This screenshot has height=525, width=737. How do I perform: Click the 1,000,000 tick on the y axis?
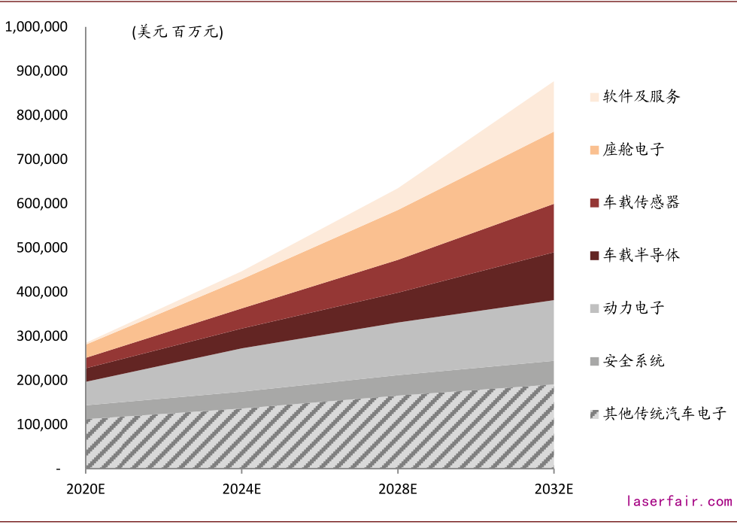click(37, 27)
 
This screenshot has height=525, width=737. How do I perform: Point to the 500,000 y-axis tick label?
click(42, 248)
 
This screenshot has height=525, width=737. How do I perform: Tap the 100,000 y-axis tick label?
click(42, 425)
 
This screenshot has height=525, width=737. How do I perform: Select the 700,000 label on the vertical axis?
click(42, 159)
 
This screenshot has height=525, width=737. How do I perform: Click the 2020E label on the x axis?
click(86, 489)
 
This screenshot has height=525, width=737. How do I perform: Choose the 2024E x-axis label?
click(242, 489)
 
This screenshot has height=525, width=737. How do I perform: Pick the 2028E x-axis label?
click(398, 489)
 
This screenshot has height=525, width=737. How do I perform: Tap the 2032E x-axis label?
click(554, 489)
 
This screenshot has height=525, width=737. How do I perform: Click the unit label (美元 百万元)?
click(177, 32)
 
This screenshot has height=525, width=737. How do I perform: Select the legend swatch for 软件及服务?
click(594, 97)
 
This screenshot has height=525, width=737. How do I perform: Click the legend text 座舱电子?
click(634, 150)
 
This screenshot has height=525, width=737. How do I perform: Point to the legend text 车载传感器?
click(641, 202)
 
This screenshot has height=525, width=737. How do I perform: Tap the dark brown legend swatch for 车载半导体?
click(594, 256)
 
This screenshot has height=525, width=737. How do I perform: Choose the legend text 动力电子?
click(634, 308)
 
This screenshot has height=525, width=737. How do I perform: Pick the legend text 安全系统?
click(634, 361)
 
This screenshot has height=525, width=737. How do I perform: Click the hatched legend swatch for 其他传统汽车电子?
click(594, 414)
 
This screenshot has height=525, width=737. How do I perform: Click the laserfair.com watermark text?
click(679, 501)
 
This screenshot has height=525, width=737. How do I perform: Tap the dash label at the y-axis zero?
click(58, 469)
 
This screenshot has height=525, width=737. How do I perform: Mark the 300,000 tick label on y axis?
click(42, 336)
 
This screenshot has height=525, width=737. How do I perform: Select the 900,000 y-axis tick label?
click(42, 71)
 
